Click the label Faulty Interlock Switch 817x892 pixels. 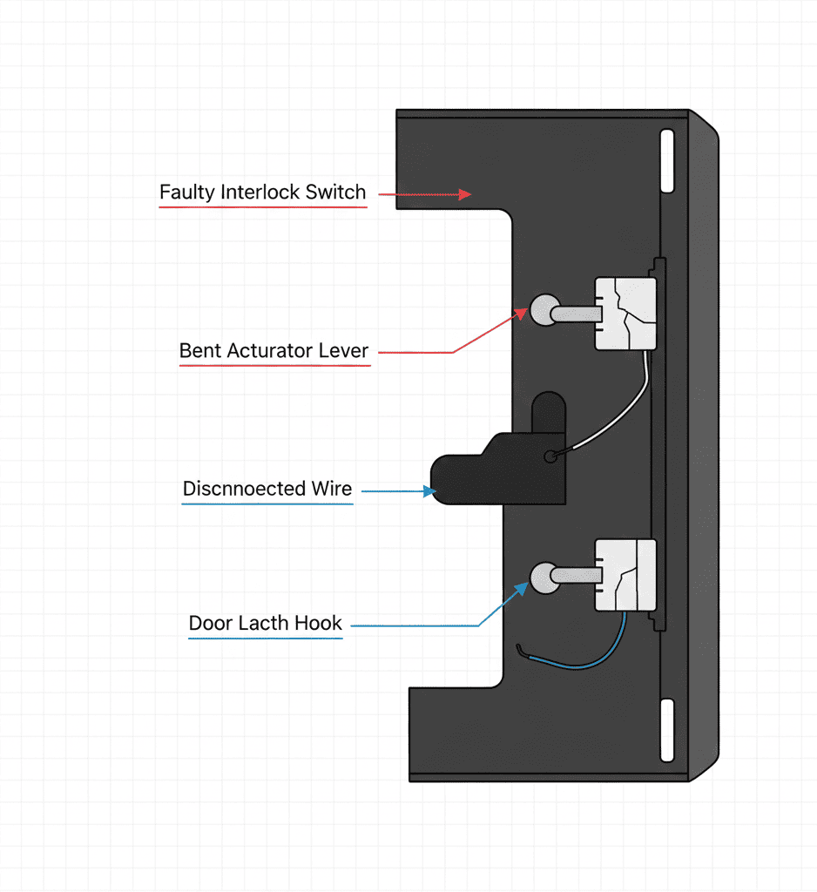coord(263,193)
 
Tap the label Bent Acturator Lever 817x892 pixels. coord(273,351)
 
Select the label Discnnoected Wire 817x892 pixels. coord(267,489)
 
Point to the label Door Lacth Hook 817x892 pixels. coord(266,624)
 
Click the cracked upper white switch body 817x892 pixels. coord(625,313)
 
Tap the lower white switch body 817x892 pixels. coord(625,574)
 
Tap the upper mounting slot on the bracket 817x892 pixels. coord(667,160)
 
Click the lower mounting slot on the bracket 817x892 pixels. coord(667,728)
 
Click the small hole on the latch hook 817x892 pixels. coord(549,456)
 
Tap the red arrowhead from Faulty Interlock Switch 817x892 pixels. coord(465,194)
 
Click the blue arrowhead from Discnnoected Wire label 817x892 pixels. coord(429,491)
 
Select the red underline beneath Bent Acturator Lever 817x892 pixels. coord(274,366)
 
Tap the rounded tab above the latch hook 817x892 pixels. coord(548,412)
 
